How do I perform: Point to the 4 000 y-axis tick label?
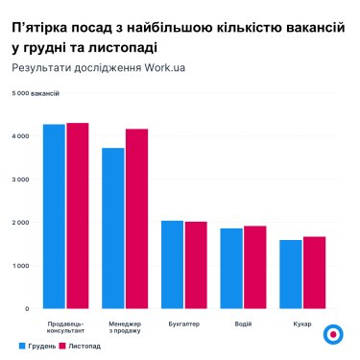click(x=21, y=136)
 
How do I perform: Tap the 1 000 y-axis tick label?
click(x=21, y=266)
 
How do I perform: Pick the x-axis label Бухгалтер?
click(x=183, y=324)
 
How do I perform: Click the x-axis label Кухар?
click(x=302, y=324)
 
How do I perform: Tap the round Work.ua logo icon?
click(x=333, y=335)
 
